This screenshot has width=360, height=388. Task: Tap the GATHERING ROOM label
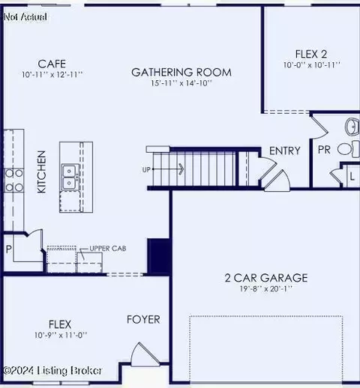click(x=181, y=73)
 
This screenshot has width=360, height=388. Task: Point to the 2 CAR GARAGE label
click(x=256, y=278)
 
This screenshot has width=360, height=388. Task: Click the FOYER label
click(x=142, y=320)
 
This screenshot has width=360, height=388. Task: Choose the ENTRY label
click(x=284, y=151)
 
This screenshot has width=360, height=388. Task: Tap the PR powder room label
click(x=324, y=150)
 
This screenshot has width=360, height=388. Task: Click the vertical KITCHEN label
click(x=42, y=172)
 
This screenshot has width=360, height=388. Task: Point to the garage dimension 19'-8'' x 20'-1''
click(x=256, y=289)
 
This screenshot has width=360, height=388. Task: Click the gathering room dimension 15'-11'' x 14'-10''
click(x=181, y=84)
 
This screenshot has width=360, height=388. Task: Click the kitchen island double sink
click(x=69, y=177)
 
